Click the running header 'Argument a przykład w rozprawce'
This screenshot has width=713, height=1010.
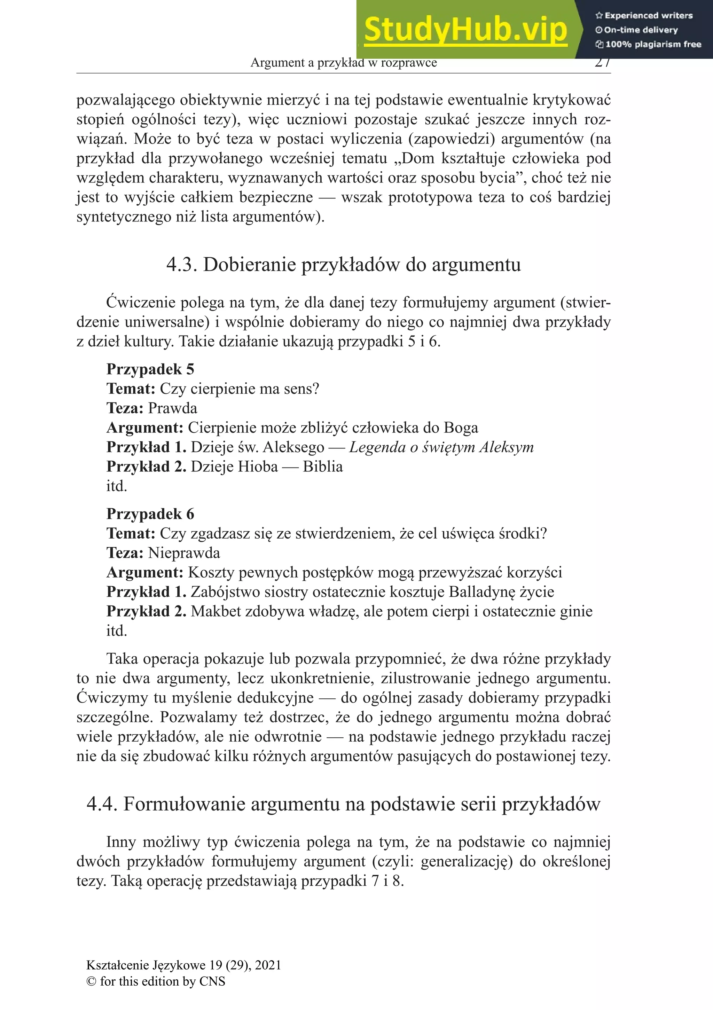click(344, 63)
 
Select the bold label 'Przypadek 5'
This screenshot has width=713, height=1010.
click(150, 369)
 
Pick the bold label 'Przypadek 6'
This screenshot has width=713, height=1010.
click(150, 514)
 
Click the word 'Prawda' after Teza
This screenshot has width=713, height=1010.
click(172, 408)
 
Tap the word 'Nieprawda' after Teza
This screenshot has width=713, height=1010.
click(184, 553)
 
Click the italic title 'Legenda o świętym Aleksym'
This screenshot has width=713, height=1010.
click(441, 447)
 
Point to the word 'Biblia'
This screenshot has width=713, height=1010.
click(322, 467)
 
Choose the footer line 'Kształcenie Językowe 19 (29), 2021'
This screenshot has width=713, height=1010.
click(183, 965)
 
